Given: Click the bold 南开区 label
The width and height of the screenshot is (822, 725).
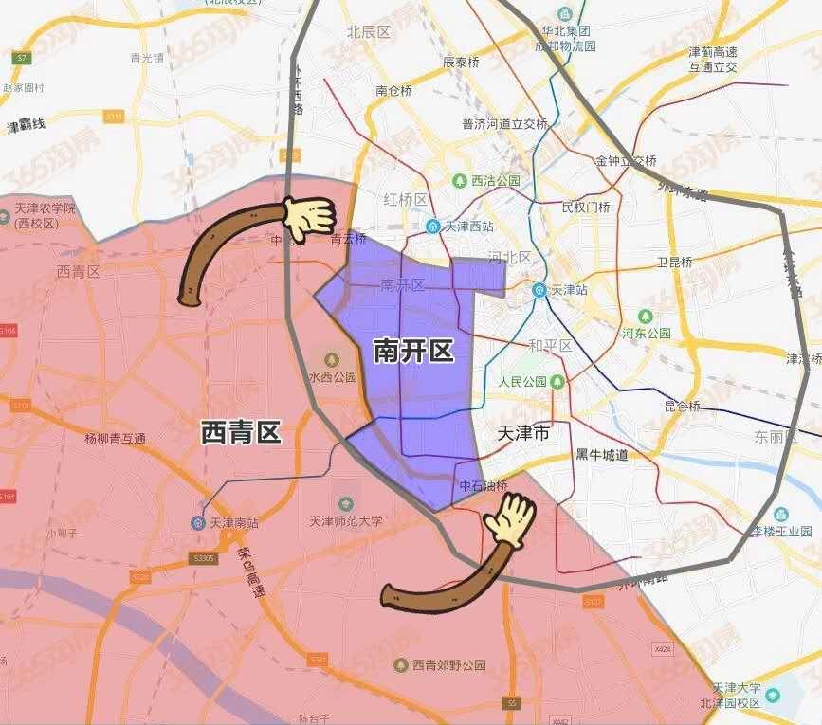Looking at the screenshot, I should (x=412, y=352).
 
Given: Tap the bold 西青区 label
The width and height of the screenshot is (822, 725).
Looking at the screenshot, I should (x=241, y=433).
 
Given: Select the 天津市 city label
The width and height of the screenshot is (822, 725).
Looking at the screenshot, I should (x=522, y=434).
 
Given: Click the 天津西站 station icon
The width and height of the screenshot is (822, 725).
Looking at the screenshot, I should (x=432, y=227).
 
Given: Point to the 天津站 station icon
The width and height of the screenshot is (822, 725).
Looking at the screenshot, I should (x=539, y=289).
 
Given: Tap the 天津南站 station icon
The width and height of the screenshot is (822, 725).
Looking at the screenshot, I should (x=198, y=522).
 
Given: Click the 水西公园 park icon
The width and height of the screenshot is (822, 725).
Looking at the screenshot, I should (x=332, y=359).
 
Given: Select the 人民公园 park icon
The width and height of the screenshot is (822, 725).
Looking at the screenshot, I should (x=557, y=381).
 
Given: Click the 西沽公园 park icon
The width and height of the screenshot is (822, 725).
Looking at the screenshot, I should (x=460, y=180).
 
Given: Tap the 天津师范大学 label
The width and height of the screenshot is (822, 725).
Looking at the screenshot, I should (x=346, y=520).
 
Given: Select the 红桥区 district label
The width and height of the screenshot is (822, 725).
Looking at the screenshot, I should (x=406, y=199).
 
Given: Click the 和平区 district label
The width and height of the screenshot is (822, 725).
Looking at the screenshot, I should (x=550, y=346).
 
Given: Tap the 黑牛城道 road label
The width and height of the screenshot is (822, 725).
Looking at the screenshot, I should (x=602, y=455).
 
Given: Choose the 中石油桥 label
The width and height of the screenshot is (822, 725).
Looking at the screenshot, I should (x=483, y=487).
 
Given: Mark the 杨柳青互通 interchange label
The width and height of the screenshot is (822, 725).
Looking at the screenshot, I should (x=115, y=438).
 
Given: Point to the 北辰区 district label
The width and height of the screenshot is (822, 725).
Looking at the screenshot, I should (x=369, y=31).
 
